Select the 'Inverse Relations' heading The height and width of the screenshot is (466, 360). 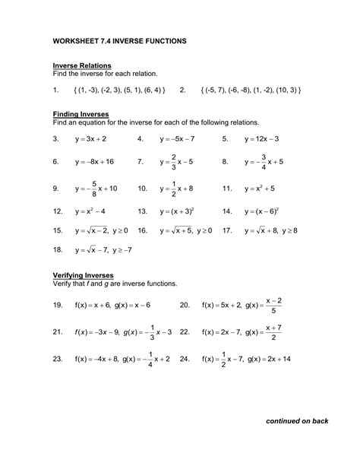82,65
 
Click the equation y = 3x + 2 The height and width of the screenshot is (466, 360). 90,140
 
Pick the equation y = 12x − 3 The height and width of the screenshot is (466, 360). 261,140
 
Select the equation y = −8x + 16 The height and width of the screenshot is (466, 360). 94,162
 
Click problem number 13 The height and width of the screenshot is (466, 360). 141,211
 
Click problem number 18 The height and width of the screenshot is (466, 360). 57,249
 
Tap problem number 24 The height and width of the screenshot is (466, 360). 184,357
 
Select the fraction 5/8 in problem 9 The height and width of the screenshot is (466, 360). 93,188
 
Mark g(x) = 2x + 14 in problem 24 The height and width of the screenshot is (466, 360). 272,357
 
